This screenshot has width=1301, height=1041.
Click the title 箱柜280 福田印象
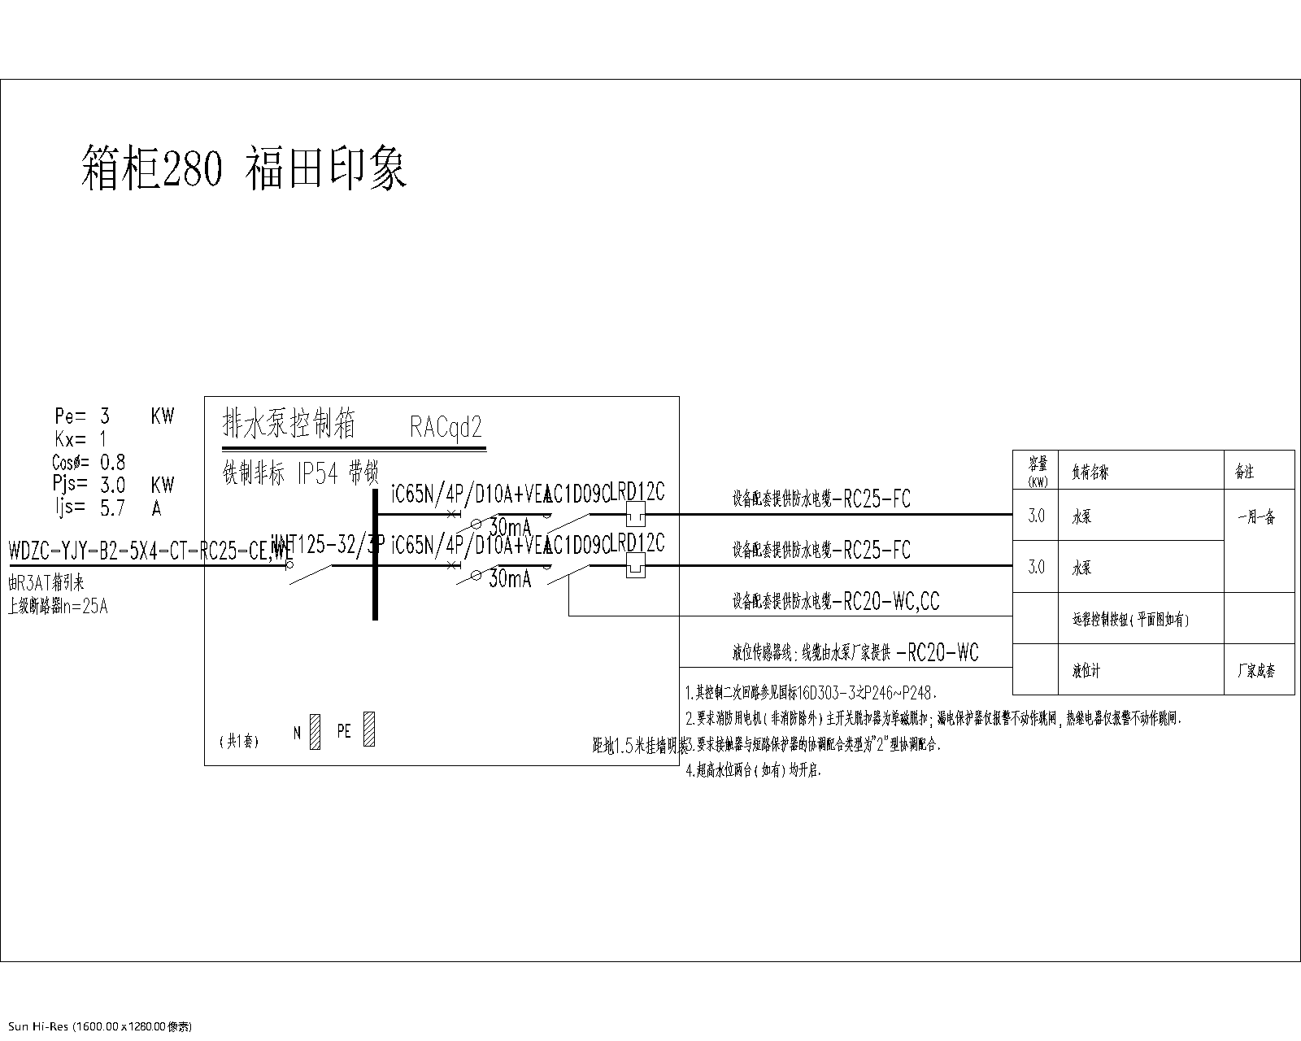click(x=244, y=168)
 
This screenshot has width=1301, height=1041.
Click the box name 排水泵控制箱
click(x=289, y=424)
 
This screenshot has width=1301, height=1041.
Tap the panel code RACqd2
click(x=446, y=428)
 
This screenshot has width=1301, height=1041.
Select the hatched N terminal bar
click(x=315, y=732)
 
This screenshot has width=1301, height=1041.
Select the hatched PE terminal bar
click(x=368, y=730)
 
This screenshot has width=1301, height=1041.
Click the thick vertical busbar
click(x=375, y=553)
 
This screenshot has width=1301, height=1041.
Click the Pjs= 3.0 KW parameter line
click(x=114, y=485)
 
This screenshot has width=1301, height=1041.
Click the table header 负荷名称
click(x=1090, y=473)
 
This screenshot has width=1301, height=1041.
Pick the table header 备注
click(x=1244, y=473)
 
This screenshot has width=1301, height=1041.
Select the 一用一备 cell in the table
click(x=1256, y=517)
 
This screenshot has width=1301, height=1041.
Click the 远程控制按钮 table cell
click(x=1130, y=620)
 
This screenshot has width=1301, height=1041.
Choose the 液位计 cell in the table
click(x=1086, y=672)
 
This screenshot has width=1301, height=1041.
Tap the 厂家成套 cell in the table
click(x=1256, y=672)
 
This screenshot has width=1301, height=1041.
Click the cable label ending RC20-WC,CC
click(x=836, y=602)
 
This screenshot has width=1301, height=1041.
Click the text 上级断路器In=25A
click(x=58, y=607)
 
